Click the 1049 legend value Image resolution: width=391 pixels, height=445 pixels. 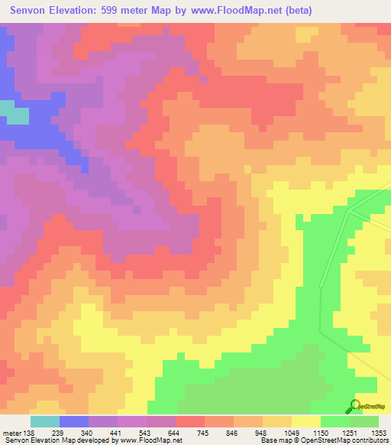pyautogui.click(x=291, y=433)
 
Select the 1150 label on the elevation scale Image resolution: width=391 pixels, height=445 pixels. pyautogui.click(x=320, y=433)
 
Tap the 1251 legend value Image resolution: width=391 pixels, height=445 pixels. pyautogui.click(x=349, y=433)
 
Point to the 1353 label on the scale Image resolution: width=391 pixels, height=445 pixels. pyautogui.click(x=377, y=433)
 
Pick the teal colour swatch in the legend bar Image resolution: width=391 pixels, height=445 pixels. pyautogui.click(x=45, y=421)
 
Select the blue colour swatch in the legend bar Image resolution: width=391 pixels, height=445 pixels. pyautogui.click(x=74, y=421)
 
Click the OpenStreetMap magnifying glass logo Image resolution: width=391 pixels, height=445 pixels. pyautogui.click(x=354, y=408)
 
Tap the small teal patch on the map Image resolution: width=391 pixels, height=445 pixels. pyautogui.click(x=15, y=115)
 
